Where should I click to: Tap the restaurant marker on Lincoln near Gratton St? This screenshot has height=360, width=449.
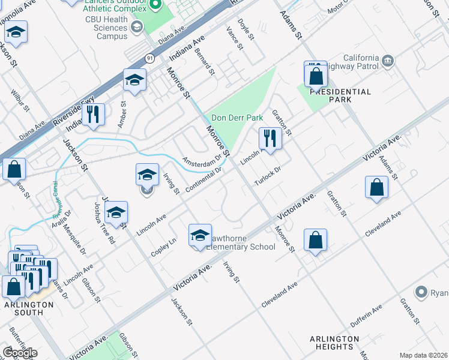(270, 139)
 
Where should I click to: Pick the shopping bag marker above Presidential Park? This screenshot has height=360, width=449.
(315, 76)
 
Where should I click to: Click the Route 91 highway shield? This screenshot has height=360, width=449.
(149, 58)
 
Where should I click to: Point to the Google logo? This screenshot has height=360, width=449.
(20, 352)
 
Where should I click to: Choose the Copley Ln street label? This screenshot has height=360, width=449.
(163, 248)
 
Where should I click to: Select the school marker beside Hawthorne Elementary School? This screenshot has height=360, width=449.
(200, 235)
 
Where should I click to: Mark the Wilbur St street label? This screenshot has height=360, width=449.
(20, 100)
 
